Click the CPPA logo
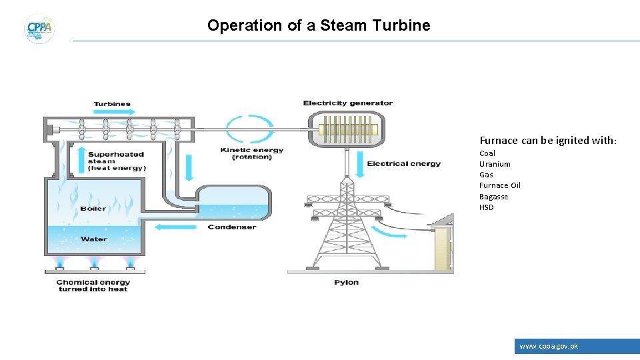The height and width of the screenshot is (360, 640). [39, 29]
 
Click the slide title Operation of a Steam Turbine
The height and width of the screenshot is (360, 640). [319, 25]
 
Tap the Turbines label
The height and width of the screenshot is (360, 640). [112, 104]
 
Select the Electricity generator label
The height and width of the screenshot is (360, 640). [347, 103]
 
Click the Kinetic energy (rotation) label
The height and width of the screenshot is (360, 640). [251, 153]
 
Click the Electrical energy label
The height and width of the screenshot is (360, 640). [403, 164]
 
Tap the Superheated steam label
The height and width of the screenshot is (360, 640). [117, 161]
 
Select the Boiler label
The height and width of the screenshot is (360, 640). [93, 209]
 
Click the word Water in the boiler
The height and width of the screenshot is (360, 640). [93, 239]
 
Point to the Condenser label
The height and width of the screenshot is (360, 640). [231, 227]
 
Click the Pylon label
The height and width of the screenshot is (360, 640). [346, 282]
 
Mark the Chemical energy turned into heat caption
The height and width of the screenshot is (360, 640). [93, 285]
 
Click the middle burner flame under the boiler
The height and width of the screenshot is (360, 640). [94, 262]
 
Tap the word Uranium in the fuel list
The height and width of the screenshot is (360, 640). [495, 164]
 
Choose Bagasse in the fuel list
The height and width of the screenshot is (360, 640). [493, 197]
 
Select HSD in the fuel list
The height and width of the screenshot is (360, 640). [487, 207]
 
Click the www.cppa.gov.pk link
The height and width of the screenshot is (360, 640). [549, 346]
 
